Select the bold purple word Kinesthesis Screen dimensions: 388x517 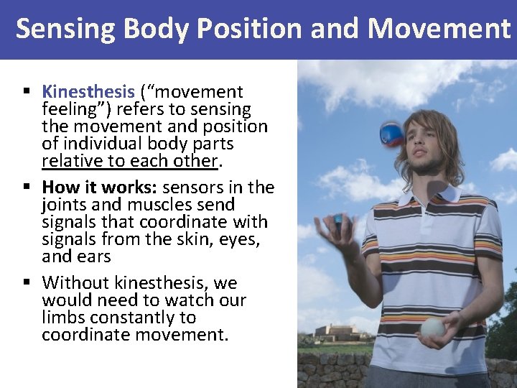[88, 92]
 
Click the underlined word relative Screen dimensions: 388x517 [71, 162]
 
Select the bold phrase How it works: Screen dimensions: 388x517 [100, 188]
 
